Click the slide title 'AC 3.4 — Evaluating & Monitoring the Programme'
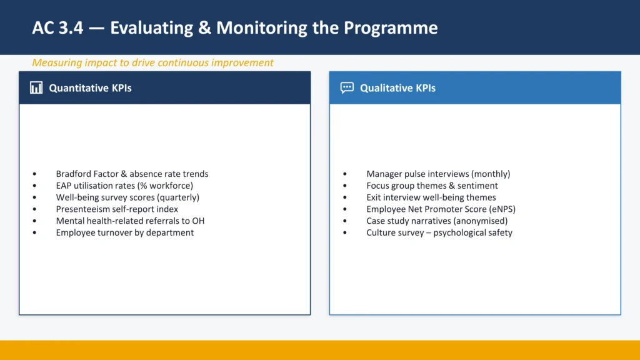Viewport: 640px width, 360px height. tap(234, 28)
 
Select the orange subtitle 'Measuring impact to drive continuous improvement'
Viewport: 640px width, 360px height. tap(152, 62)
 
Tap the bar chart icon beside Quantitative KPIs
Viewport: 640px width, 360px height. tap(36, 87)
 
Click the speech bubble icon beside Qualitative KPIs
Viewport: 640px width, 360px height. tap(347, 87)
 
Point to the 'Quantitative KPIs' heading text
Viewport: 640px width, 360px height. tap(90, 88)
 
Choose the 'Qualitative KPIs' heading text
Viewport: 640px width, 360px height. tap(397, 88)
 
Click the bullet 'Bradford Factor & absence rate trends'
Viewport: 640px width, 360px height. tap(132, 174)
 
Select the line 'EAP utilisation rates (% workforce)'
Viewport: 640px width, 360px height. tap(124, 186)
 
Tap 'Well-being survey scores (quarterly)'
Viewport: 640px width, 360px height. tap(127, 197)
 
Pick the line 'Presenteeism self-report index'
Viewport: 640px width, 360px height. tap(117, 209)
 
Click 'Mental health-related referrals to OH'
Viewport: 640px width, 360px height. tap(130, 221)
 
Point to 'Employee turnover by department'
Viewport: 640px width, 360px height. tap(125, 232)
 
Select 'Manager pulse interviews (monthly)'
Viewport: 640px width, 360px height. tap(438, 174)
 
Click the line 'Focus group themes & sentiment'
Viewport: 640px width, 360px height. tap(432, 186)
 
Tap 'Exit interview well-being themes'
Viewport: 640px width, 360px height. tap(431, 197)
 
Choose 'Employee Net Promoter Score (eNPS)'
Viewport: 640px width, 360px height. tap(441, 209)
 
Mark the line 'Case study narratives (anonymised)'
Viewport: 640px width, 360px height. tap(437, 221)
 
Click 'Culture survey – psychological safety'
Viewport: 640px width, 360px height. tap(439, 232)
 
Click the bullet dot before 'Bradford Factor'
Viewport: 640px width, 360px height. tap(35, 174)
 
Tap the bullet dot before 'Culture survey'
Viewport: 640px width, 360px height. tap(346, 233)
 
